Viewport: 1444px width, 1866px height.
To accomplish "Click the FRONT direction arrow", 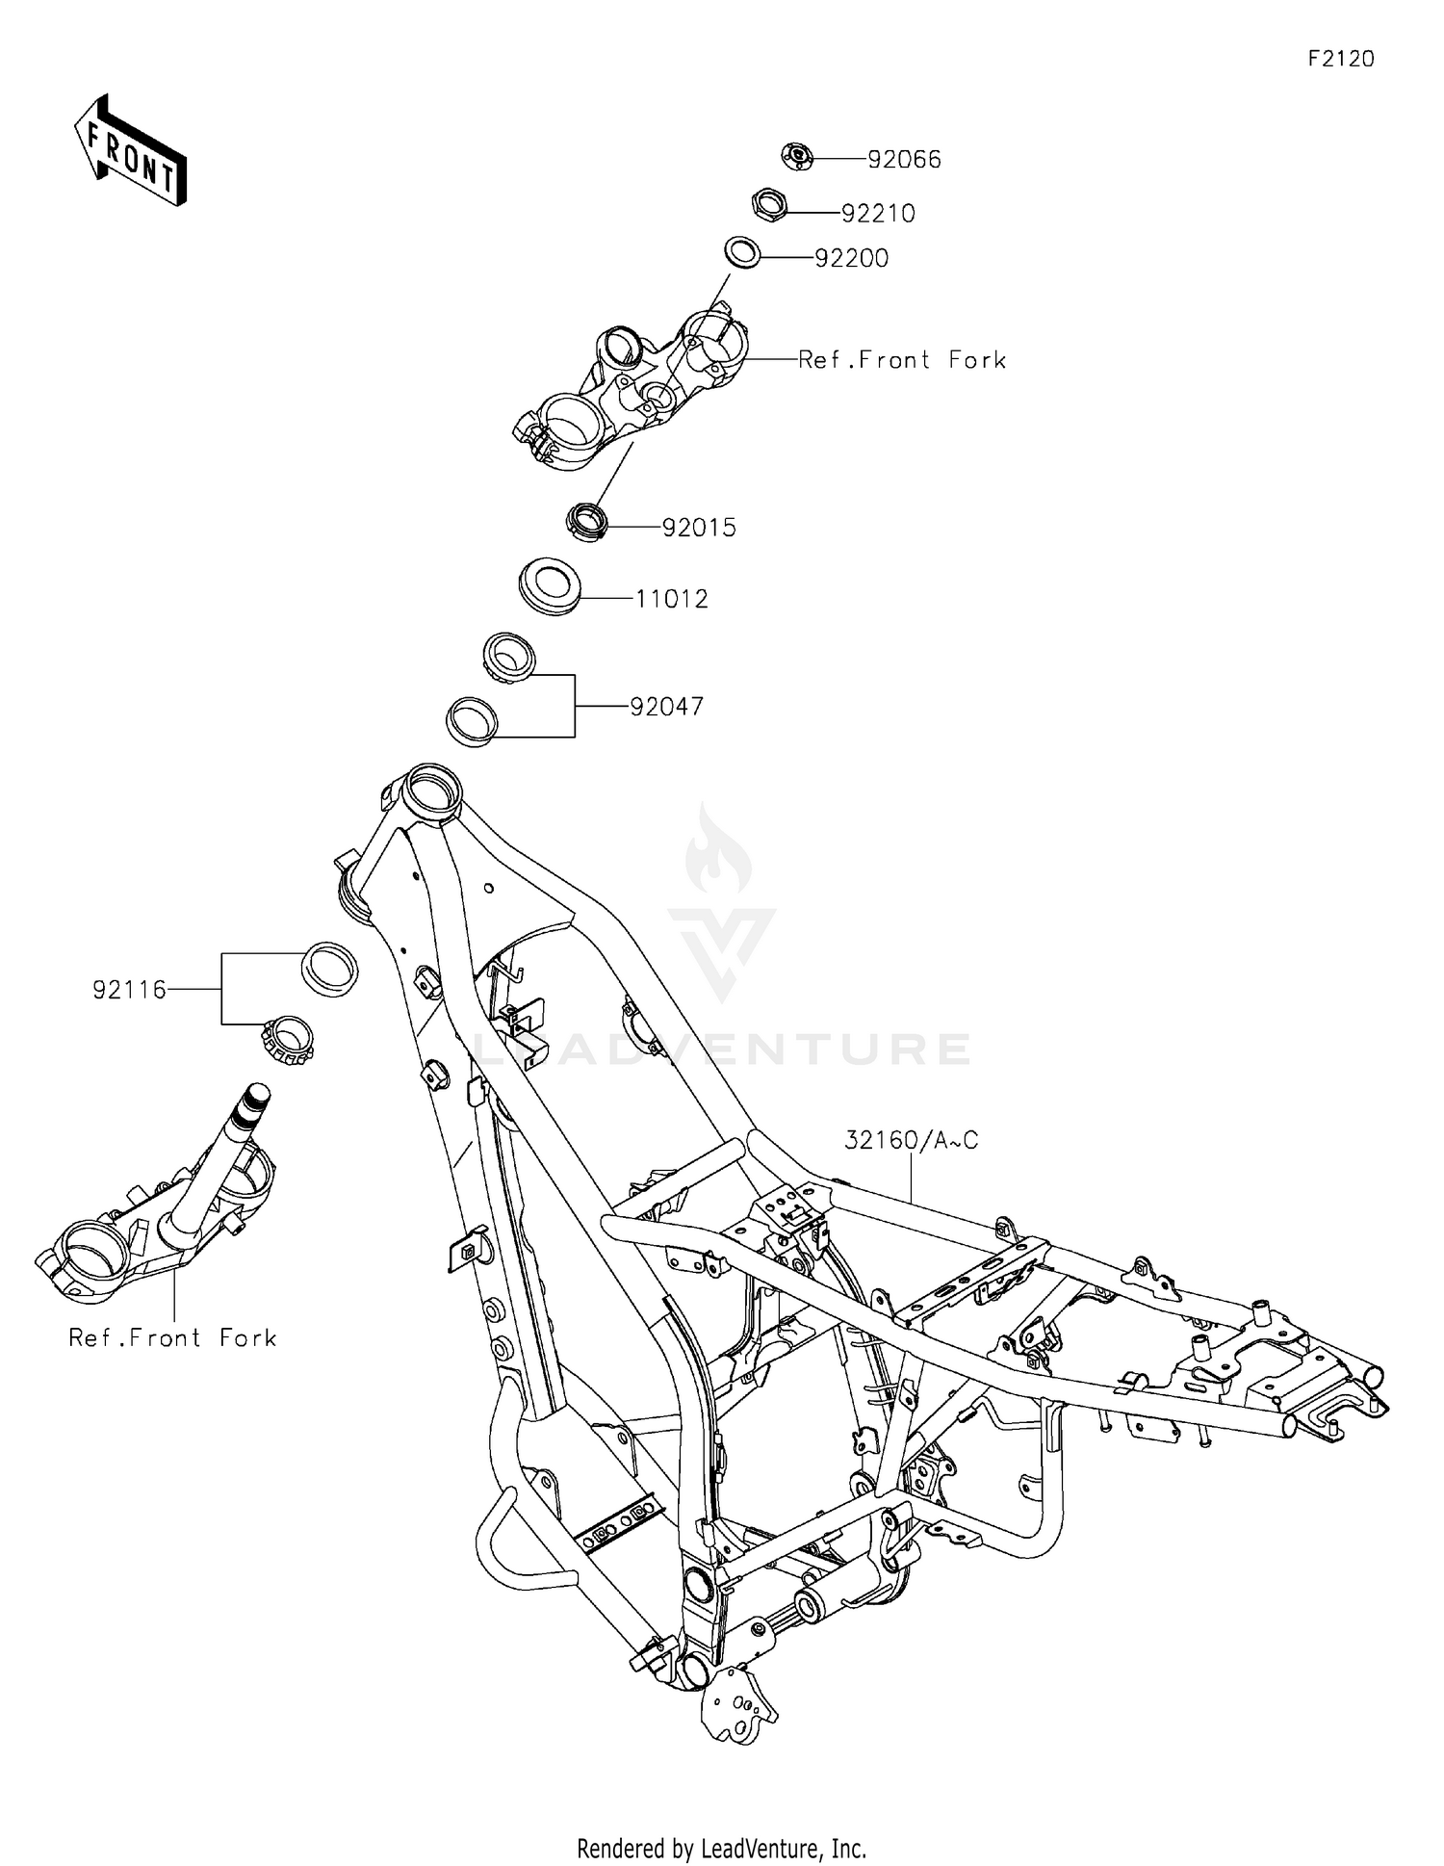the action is pos(130,150).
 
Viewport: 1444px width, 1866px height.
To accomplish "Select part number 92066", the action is pos(904,160).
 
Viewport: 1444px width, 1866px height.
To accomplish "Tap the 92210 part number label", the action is pos(878,214).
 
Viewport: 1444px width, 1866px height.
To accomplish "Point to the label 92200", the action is pos(851,259).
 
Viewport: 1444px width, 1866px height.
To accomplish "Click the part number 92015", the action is pos(699,528).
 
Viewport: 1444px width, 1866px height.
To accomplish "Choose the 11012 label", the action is pos(672,599).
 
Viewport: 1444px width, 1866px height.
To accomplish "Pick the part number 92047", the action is pos(667,707).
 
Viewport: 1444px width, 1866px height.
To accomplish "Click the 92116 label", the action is pos(130,989).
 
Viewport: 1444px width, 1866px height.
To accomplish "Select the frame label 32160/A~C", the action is pos(912,1140).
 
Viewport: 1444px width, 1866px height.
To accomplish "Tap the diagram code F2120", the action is pos(1341,59).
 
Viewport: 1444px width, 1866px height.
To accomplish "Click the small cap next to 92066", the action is pos(797,155).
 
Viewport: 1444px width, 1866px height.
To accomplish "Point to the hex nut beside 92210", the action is pos(770,204).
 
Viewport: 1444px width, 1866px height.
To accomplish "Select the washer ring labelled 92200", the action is pos(743,252).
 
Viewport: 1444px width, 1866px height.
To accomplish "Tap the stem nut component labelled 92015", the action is pos(586,521).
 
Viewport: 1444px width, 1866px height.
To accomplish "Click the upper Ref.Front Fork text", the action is pos(902,360).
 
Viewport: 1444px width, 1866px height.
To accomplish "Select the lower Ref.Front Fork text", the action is pos(172,1337).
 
